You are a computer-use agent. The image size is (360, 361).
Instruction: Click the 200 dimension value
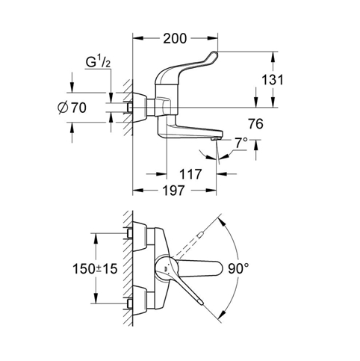coord(175,39)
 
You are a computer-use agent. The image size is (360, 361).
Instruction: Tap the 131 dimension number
coord(273,80)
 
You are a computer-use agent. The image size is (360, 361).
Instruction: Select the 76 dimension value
coord(255,124)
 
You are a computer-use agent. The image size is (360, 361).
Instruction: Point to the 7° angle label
coord(241,143)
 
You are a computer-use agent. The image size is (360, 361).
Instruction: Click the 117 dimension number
coord(190,174)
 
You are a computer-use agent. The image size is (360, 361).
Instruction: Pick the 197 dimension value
coord(173,191)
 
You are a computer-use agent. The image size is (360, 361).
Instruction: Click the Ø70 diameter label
coord(72,108)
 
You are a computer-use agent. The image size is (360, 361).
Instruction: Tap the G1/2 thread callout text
coord(98,62)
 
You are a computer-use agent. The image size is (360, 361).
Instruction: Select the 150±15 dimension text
coord(95,269)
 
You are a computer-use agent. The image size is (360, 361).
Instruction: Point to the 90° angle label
coord(238,268)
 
